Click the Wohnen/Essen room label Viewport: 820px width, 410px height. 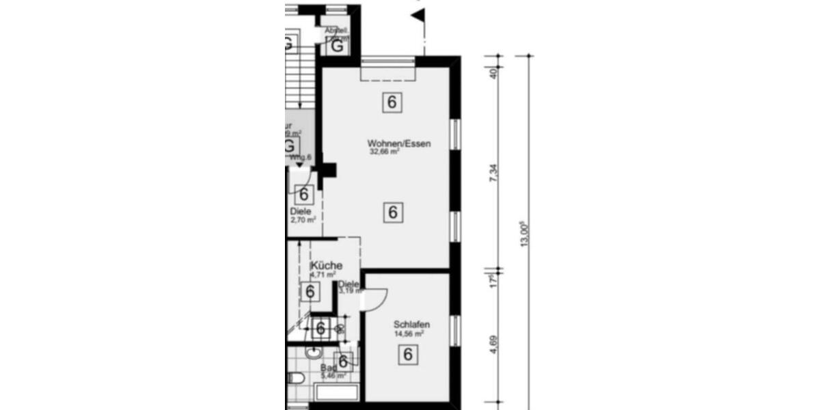point(400,143)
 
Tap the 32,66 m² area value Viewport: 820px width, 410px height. point(385,152)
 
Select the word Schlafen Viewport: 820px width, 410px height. point(411,325)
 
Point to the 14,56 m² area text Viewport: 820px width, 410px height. point(409,334)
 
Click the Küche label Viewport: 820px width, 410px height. point(327,265)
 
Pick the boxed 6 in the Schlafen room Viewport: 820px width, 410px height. point(408,355)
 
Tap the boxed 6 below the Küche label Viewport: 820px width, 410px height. point(310,292)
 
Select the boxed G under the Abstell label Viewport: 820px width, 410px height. point(338,46)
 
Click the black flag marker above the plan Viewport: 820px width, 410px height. point(419,13)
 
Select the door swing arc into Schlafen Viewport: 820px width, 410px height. point(378,299)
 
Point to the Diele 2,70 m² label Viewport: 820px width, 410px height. point(301,215)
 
